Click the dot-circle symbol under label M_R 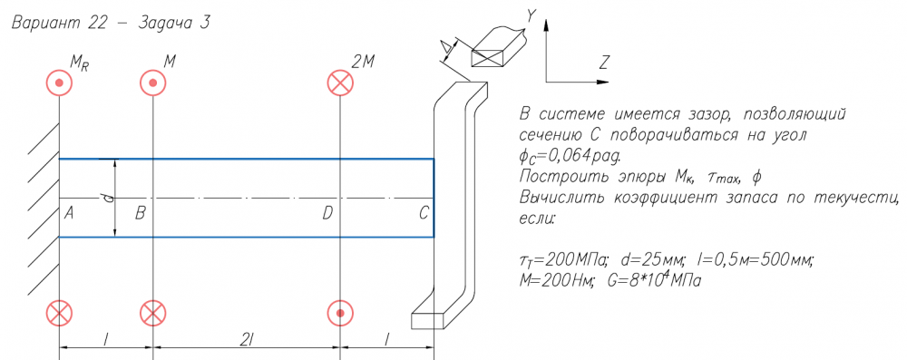(x=59, y=83)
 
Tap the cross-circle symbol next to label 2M (x=340, y=83)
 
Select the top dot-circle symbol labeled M (x=152, y=83)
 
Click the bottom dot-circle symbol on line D (x=340, y=313)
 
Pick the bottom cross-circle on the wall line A (x=59, y=313)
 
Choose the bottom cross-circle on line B (x=152, y=313)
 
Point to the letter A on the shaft (x=69, y=214)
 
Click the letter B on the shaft (x=140, y=214)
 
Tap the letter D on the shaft (x=327, y=214)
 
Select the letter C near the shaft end (x=424, y=214)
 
